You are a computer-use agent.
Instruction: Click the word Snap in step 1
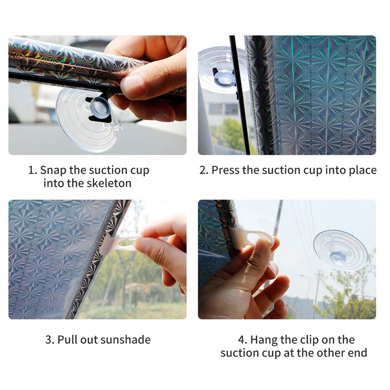click(x=53, y=170)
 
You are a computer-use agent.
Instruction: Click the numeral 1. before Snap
click(x=32, y=170)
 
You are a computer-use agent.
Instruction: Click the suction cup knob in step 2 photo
click(x=225, y=78)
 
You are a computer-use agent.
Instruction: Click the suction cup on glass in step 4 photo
click(x=340, y=250)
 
